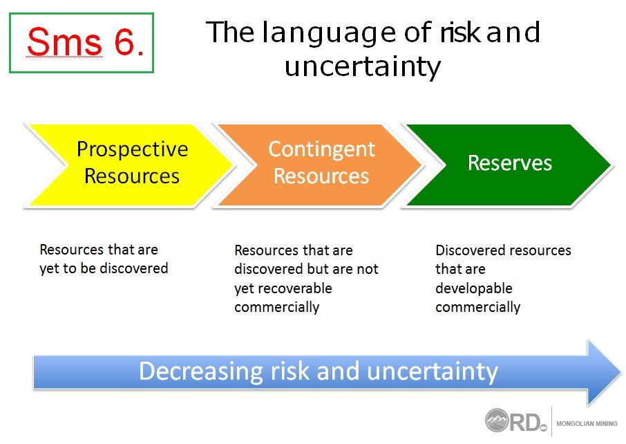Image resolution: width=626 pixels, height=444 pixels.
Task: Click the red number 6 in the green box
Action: pos(124,41)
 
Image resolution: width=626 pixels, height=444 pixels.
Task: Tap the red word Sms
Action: pos(65,41)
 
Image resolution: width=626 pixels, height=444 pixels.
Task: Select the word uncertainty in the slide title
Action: pos(363,67)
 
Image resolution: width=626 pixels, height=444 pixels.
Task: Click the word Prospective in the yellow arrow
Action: pos(132,150)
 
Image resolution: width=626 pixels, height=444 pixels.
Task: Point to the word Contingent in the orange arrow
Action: pos(321,150)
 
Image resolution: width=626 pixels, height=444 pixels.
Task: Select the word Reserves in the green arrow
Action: pos(510,163)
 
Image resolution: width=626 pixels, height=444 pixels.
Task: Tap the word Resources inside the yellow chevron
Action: pos(132,176)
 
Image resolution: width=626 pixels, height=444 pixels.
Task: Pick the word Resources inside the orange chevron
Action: pos(321,176)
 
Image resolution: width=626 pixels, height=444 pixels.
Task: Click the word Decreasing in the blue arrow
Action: pos(201,371)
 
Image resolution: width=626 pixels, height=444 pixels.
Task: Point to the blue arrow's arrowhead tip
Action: pos(620,373)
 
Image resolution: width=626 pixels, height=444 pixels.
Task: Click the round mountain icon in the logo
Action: pos(497,420)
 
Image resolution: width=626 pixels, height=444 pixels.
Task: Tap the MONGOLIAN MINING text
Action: pos(587,423)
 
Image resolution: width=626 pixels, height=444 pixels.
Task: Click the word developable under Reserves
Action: pos(474,288)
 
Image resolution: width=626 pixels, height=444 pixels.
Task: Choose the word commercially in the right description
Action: pos(478,307)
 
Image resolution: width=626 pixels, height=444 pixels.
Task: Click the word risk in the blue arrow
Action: pos(290,371)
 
